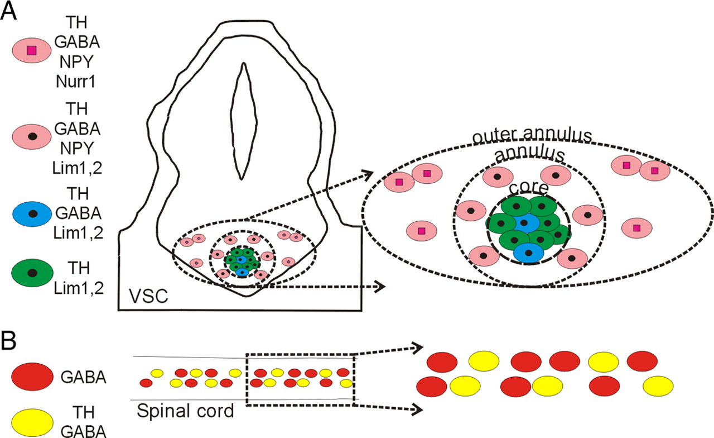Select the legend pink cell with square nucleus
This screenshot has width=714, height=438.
(32, 51)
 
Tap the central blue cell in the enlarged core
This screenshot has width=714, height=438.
(524, 223)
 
